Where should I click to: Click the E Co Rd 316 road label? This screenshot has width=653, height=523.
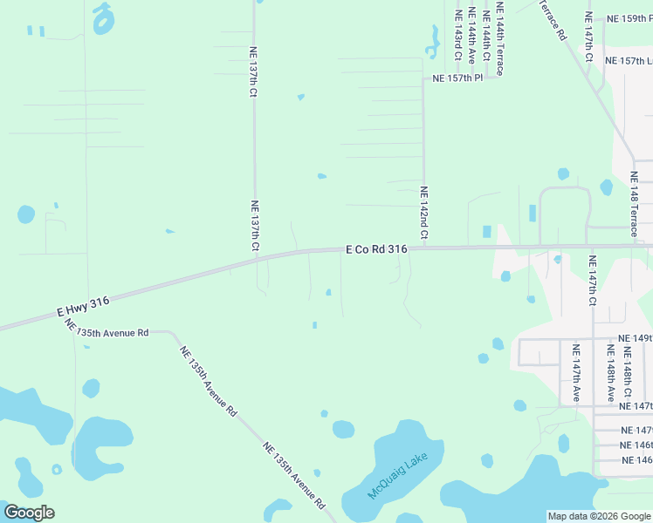pyautogui.click(x=377, y=249)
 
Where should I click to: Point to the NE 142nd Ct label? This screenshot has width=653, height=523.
pyautogui.click(x=424, y=212)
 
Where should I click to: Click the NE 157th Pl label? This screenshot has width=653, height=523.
pyautogui.click(x=457, y=78)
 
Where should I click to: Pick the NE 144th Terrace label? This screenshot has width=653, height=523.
pyautogui.click(x=499, y=38)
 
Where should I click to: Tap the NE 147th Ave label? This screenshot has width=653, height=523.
pyautogui.click(x=576, y=372)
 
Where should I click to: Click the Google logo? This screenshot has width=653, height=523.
pyautogui.click(x=29, y=513)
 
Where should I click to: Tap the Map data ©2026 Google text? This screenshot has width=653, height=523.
pyautogui.click(x=598, y=516)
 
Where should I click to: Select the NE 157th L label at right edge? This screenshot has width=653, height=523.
pyautogui.click(x=629, y=61)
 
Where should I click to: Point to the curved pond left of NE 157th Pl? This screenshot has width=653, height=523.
pyautogui.click(x=432, y=41)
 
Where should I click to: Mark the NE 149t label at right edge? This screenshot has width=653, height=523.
pyautogui.click(x=635, y=337)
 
